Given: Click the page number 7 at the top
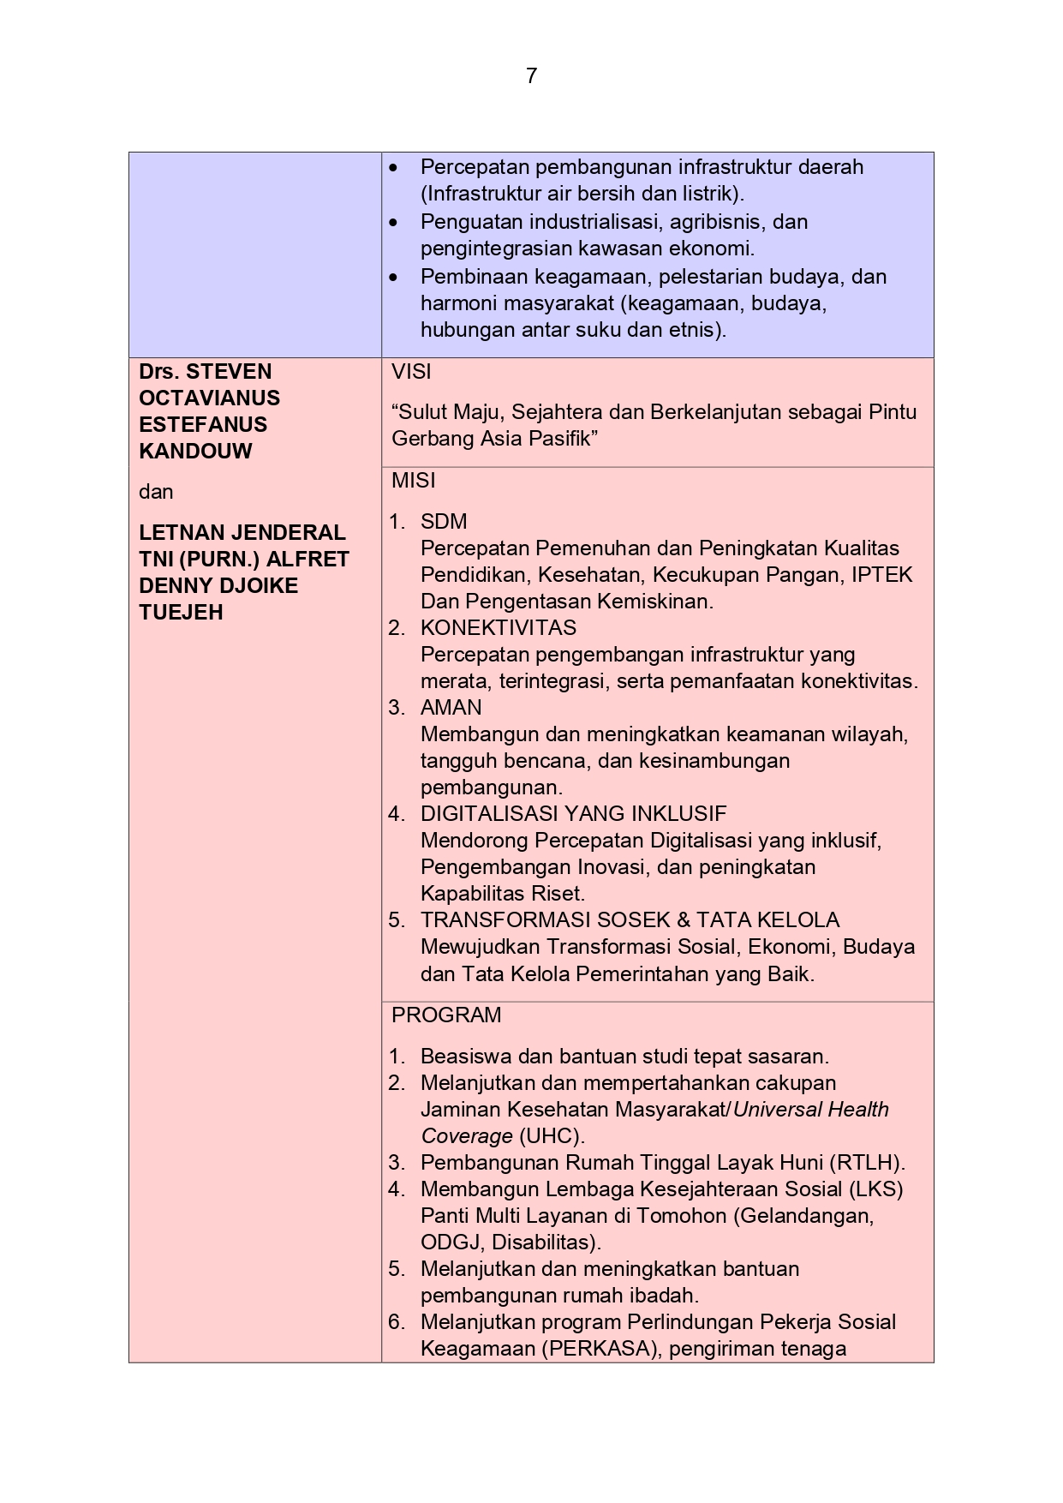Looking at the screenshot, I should [531, 76].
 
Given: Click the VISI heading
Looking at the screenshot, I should [411, 372].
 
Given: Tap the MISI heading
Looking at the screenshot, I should [414, 481].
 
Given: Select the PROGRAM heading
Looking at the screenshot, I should [446, 1015].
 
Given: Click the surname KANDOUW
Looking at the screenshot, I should [195, 452].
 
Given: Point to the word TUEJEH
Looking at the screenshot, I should [181, 613].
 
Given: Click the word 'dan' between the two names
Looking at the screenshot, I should [156, 492].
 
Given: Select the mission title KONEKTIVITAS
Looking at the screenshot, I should [499, 628].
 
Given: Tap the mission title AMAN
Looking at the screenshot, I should [451, 708].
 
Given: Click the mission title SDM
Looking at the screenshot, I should [444, 522].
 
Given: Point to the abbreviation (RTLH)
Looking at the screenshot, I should [867, 1163].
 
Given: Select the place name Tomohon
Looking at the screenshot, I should [689, 1216].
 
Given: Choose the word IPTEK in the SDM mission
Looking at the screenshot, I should [881, 575].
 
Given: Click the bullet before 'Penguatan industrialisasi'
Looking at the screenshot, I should [393, 223].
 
